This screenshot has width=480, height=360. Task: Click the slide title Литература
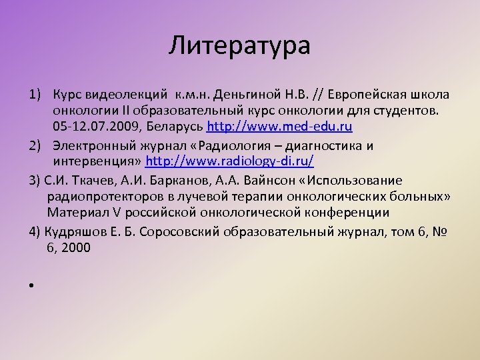(239, 47)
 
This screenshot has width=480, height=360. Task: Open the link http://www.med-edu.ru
(280, 125)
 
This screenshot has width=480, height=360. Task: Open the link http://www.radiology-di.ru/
(229, 161)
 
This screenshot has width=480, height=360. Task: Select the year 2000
(79, 248)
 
